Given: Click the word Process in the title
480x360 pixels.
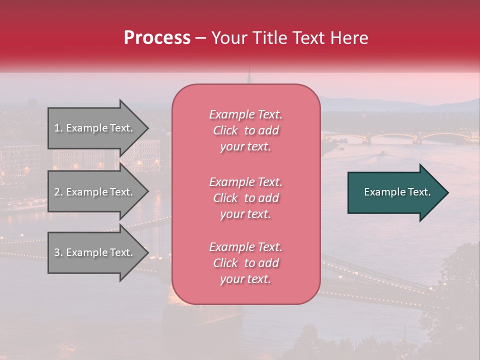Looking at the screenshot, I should coord(157,37).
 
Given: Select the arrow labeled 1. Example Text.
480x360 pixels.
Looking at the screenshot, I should coord(95,128).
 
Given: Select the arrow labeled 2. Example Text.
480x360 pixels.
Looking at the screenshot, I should coord(95,192).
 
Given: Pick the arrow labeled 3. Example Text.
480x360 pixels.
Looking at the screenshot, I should coord(95,252).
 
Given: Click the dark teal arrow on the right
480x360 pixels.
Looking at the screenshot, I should coord(395,192).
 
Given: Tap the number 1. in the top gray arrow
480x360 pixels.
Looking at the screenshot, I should coord(58,128).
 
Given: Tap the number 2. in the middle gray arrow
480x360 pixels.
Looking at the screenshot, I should coord(58,192).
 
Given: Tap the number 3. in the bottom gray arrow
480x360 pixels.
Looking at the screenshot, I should coord(58,252).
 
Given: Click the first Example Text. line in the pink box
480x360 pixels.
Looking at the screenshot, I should coord(245,114).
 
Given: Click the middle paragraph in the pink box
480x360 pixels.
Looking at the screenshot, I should coord(245,198).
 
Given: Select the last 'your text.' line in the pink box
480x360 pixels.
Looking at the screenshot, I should coord(245,279).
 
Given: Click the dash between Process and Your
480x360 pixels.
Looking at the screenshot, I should coord(201,38).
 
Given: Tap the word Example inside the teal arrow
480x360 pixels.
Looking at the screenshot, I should coord(381,192).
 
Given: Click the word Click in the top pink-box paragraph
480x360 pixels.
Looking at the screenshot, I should coord(225,130).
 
